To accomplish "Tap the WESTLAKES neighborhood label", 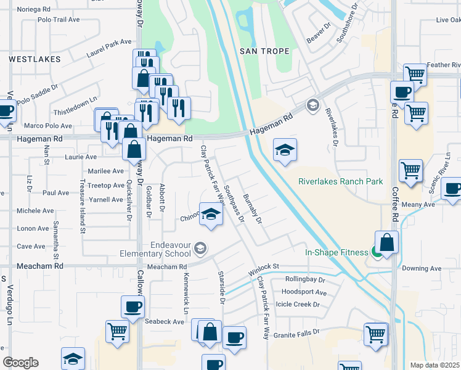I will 35,59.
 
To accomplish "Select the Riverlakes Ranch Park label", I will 341,181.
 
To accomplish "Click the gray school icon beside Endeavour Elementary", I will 200,249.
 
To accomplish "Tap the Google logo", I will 20,363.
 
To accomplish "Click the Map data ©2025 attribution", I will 435,365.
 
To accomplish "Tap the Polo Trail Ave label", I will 59,20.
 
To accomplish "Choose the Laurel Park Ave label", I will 110,48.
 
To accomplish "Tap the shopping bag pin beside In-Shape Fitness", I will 388,243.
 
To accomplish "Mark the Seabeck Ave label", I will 165,321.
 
